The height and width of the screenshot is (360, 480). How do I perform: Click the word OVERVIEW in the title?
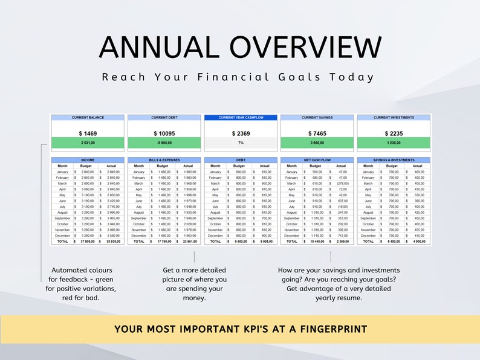(303, 48)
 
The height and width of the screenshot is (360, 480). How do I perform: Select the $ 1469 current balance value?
(88, 133)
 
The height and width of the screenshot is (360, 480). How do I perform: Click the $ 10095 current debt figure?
(164, 133)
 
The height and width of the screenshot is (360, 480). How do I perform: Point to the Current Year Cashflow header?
(241, 118)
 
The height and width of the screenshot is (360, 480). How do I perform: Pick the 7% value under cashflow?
(241, 143)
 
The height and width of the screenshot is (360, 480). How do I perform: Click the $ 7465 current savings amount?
(317, 133)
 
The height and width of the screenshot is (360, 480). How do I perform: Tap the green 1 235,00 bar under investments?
(394, 143)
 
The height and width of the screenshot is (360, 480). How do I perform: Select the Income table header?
(88, 160)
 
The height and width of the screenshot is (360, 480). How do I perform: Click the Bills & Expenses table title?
(164, 160)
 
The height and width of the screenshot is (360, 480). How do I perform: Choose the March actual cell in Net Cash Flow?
(342, 183)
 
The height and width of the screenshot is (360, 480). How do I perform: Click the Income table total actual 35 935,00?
(113, 241)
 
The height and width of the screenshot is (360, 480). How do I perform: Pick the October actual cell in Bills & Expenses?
(189, 223)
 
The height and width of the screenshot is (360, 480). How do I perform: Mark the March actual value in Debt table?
(265, 183)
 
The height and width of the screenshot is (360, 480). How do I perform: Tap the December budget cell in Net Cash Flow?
(317, 236)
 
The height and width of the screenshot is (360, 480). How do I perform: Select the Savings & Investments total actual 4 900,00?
(418, 241)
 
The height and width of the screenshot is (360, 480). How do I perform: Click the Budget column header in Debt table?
(239, 166)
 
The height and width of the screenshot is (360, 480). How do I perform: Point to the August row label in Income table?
(63, 212)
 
